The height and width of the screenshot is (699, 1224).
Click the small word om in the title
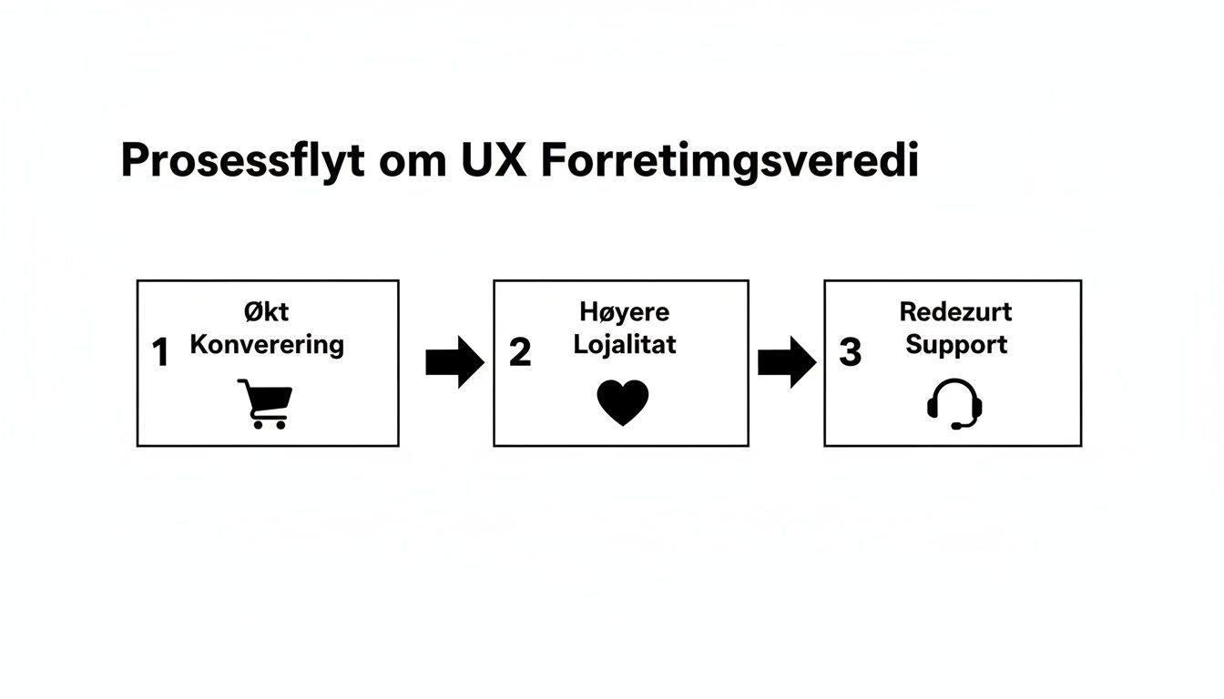pyautogui.click(x=407, y=163)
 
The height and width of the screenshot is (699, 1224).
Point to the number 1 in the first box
pyautogui.click(x=161, y=353)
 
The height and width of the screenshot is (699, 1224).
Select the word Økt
pyautogui.click(x=266, y=312)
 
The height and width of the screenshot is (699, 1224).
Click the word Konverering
pyautogui.click(x=267, y=345)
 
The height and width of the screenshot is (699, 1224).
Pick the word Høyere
pyautogui.click(x=624, y=312)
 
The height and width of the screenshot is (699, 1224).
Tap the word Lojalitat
pyautogui.click(x=625, y=345)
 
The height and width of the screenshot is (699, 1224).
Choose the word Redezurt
pyautogui.click(x=955, y=312)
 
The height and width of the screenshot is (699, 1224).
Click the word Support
pyautogui.click(x=956, y=345)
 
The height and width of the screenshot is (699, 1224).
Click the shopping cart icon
pyautogui.click(x=265, y=403)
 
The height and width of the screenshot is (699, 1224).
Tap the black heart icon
pyautogui.click(x=623, y=402)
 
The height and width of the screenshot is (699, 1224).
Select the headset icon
pyautogui.click(x=954, y=403)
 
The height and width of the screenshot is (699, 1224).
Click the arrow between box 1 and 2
pyautogui.click(x=454, y=362)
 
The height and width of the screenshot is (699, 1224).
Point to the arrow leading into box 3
pyautogui.click(x=787, y=362)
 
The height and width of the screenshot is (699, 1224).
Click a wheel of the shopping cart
pyautogui.click(x=258, y=424)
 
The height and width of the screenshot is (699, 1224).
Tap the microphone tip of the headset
pyautogui.click(x=956, y=425)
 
